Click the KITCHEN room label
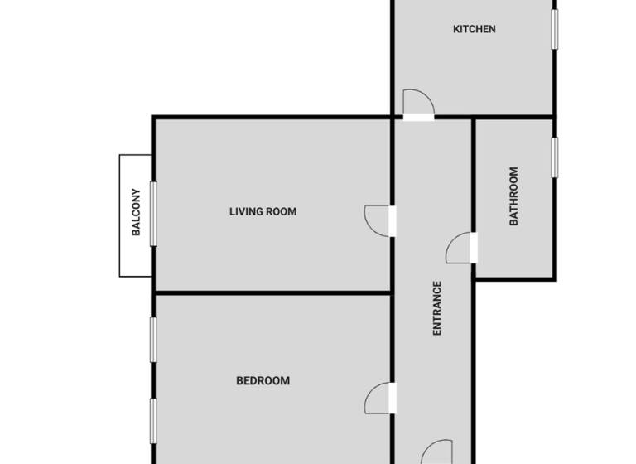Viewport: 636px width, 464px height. [x=474, y=29]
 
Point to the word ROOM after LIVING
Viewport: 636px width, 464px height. [x=282, y=211]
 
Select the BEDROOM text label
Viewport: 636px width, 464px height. [x=263, y=381]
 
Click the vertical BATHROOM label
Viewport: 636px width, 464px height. [x=513, y=196]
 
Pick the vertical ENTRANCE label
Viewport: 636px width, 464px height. [x=437, y=307]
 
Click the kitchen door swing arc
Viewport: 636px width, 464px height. [x=417, y=102]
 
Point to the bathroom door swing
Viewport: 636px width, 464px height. [x=458, y=250]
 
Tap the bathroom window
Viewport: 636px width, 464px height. [x=555, y=157]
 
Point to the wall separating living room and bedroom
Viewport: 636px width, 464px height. [x=273, y=292]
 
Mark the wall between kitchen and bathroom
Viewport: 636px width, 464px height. [x=513, y=117]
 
